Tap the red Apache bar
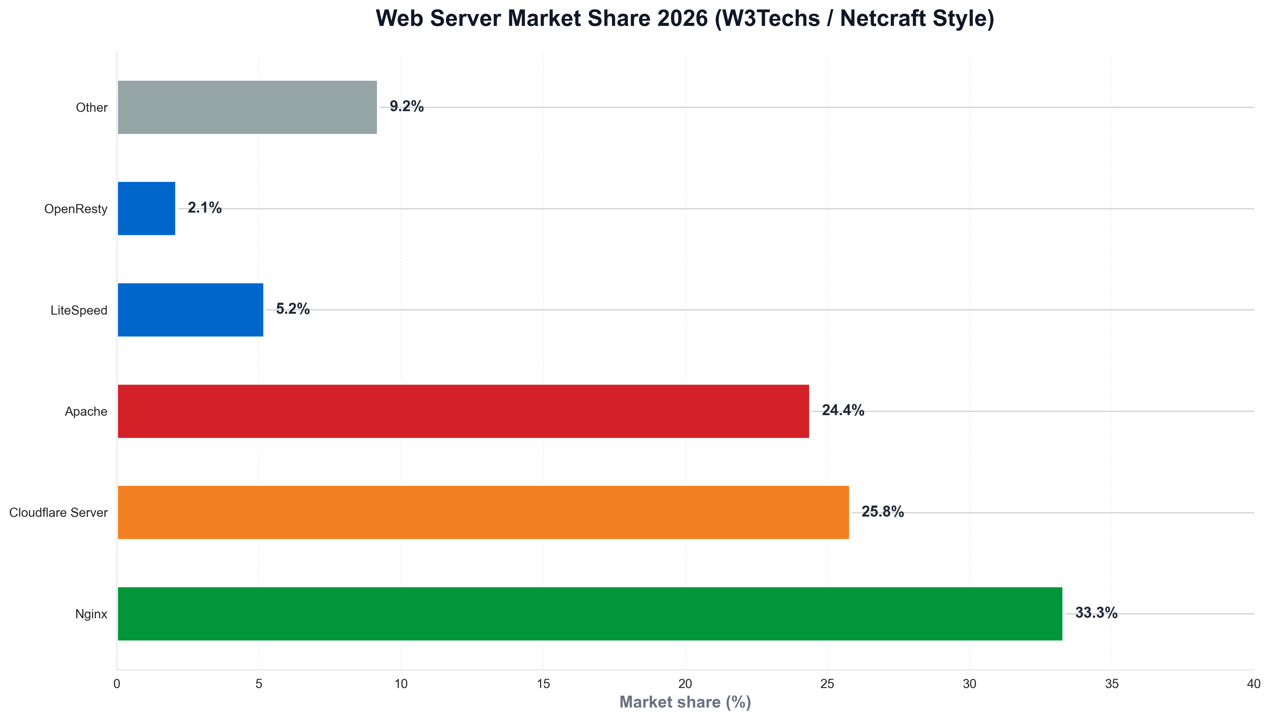(463, 411)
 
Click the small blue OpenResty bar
(146, 208)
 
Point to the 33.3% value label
(1096, 613)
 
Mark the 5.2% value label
(292, 309)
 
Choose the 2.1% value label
(204, 208)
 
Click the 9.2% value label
(406, 106)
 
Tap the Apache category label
(86, 411)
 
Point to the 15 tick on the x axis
(543, 684)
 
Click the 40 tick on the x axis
(1253, 684)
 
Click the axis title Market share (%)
(685, 702)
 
